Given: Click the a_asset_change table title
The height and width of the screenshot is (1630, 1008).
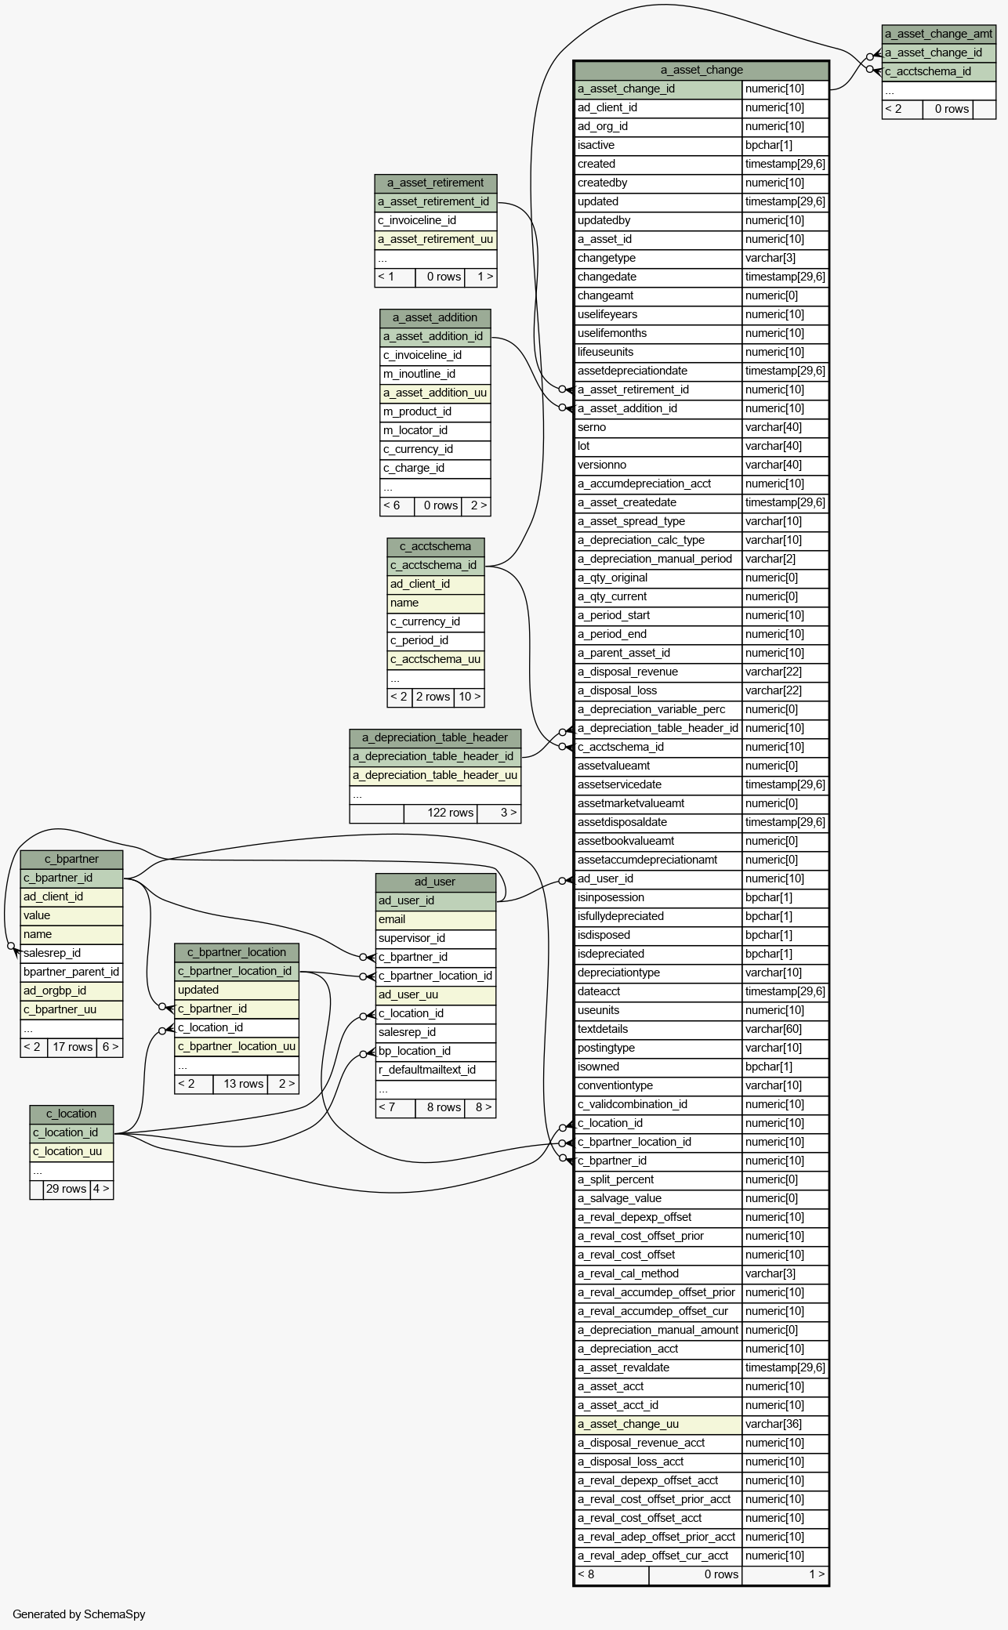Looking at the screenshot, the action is point(702,70).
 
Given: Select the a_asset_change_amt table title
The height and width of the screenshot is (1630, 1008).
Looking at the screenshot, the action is point(938,34).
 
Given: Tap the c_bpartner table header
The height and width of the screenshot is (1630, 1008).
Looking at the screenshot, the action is point(71,859).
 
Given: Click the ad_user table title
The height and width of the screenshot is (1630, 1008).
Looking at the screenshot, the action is point(435,882).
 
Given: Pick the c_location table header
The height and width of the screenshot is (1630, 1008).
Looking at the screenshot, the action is point(71,1114).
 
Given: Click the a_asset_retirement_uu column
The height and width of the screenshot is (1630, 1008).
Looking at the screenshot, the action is point(435,239).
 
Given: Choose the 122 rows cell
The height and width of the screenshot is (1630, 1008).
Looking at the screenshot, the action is point(450,813).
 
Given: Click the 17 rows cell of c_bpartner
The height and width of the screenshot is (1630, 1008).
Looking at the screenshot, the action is point(72,1047).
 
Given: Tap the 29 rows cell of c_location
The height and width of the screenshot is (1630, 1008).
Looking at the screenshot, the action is point(66,1189).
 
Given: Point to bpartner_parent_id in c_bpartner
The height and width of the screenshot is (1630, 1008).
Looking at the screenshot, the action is point(71,972).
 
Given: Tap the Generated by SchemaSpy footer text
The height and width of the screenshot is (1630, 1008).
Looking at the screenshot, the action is point(79,1614).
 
